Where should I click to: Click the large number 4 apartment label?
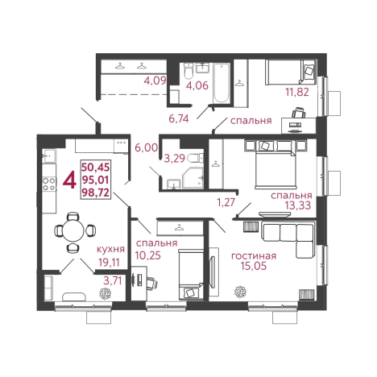point(69,180)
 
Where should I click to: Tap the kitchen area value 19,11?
point(109,263)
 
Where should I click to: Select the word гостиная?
point(254,256)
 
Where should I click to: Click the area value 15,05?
point(254,266)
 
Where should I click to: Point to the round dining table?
point(73,230)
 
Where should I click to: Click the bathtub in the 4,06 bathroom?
point(222,83)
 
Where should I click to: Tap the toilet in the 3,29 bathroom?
point(196,158)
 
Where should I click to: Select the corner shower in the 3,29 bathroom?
point(193,177)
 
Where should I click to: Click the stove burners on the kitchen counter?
point(49,184)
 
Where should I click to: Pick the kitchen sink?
point(49,155)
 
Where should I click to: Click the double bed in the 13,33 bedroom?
point(276,169)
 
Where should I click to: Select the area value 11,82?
point(297,92)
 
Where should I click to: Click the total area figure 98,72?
point(96,193)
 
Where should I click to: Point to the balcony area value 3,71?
point(113,280)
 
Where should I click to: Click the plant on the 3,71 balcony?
point(105,294)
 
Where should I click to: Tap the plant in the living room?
point(240,292)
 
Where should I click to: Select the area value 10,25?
point(148,255)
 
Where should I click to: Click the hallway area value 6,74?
point(179,118)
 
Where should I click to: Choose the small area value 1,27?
point(226,202)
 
